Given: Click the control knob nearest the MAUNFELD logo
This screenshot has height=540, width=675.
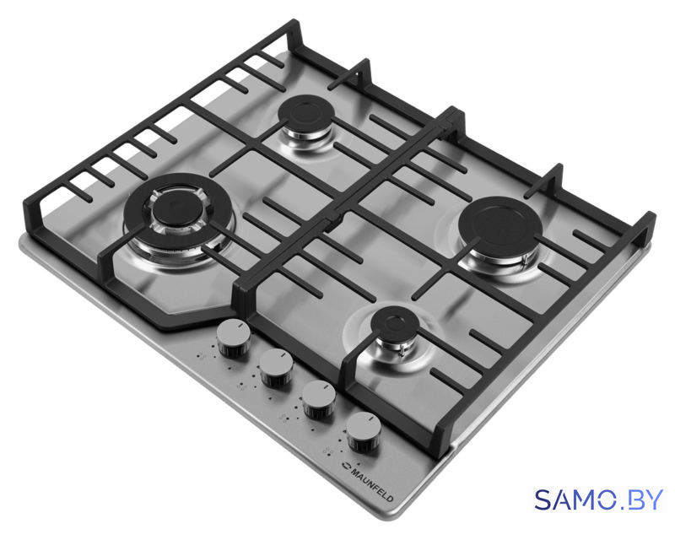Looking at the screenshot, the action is (x=364, y=431).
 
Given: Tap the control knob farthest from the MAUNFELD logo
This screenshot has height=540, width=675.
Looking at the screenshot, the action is (x=234, y=338).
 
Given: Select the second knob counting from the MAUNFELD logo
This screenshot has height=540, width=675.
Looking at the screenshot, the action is (x=319, y=400).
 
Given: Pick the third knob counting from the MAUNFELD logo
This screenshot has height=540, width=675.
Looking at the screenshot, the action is (x=276, y=368).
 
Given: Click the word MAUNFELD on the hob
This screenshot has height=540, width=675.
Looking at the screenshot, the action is (x=372, y=484).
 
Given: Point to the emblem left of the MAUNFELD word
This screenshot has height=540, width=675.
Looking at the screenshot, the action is (x=347, y=465).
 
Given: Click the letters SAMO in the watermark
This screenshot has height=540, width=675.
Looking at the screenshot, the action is (x=575, y=500).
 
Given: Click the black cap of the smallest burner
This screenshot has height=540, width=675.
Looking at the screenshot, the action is (x=394, y=323).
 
